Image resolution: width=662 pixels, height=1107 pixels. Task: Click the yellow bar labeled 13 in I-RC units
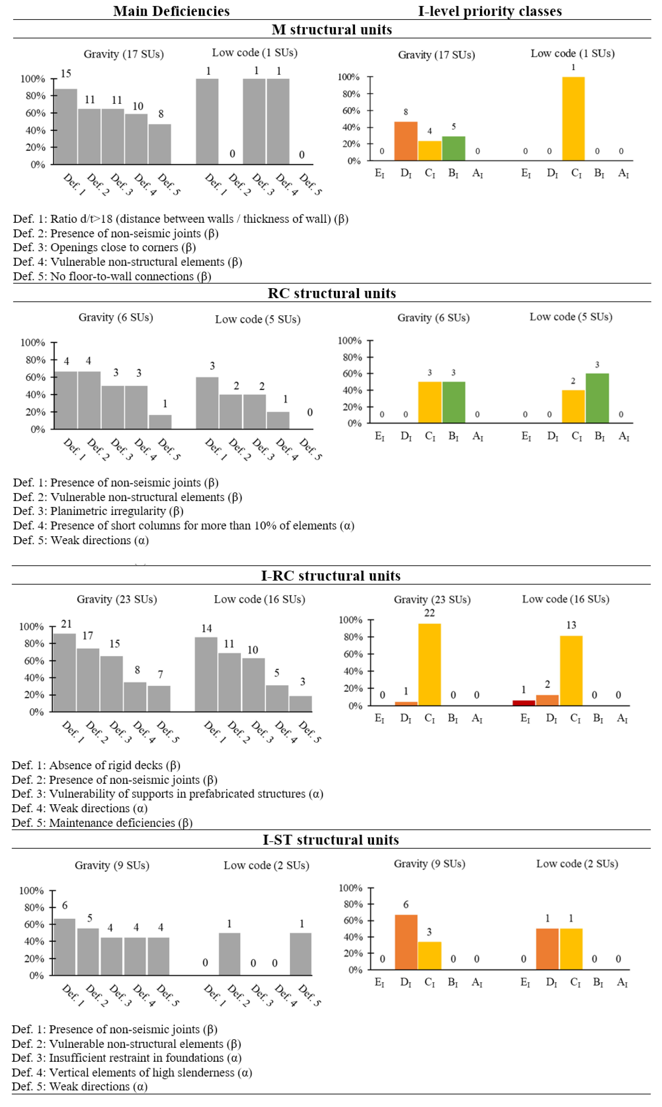click(x=571, y=671)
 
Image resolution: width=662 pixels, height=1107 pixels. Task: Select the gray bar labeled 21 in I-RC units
click(x=65, y=673)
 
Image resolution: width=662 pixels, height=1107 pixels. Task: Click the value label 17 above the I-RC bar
click(x=87, y=636)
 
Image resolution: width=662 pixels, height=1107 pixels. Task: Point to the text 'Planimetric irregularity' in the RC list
click(x=108, y=511)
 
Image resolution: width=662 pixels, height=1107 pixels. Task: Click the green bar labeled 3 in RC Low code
click(x=597, y=398)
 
